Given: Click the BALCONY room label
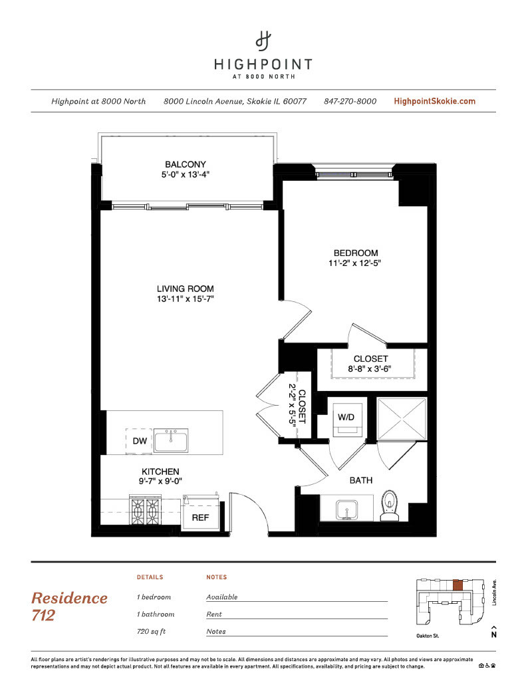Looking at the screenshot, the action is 186,164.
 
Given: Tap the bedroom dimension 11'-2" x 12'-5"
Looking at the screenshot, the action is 354,263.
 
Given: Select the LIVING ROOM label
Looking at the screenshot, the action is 186,289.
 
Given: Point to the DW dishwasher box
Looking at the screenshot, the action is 139,441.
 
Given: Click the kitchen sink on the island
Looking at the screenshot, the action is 171,440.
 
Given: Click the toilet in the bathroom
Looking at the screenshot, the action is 390,505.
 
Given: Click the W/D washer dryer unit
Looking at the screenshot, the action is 346,420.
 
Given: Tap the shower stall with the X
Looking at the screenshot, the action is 402,419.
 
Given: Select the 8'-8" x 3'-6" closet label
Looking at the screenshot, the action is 370,368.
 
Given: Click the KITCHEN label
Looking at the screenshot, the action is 160,472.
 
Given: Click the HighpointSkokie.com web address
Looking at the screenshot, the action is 434,101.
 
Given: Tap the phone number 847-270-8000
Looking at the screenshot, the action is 350,101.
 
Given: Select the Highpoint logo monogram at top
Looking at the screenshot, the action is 263,41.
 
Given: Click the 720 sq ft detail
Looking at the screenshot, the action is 151,632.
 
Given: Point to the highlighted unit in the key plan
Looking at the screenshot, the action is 458,585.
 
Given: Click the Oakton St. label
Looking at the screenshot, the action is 428,636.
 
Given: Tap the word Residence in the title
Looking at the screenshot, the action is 70,598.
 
